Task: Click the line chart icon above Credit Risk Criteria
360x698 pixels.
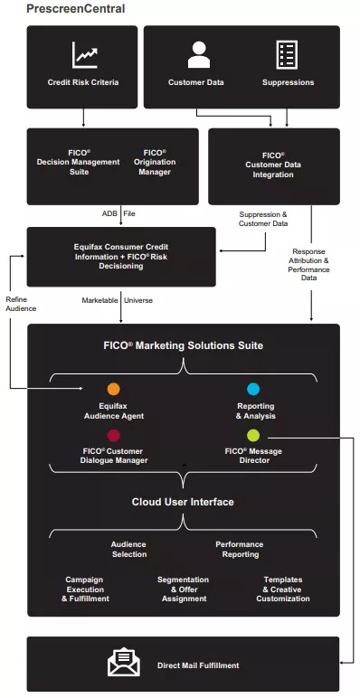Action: (85, 56)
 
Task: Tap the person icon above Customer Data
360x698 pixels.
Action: (197, 54)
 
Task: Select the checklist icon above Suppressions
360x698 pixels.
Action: (288, 54)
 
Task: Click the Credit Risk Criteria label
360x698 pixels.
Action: (83, 82)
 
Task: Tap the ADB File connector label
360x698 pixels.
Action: (118, 213)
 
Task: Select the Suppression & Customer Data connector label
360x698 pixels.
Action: (263, 218)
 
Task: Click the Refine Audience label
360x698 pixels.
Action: (22, 303)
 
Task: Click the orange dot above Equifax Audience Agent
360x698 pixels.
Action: (113, 389)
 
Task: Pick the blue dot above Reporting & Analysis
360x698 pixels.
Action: (253, 389)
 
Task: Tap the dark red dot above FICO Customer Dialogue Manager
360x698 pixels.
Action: (113, 435)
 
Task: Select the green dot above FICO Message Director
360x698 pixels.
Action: (253, 435)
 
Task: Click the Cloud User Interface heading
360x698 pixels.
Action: (184, 502)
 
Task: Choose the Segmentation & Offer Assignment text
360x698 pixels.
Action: (184, 589)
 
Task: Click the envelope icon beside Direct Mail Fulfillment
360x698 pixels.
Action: (124, 664)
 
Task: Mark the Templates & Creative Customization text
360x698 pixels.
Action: (283, 589)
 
